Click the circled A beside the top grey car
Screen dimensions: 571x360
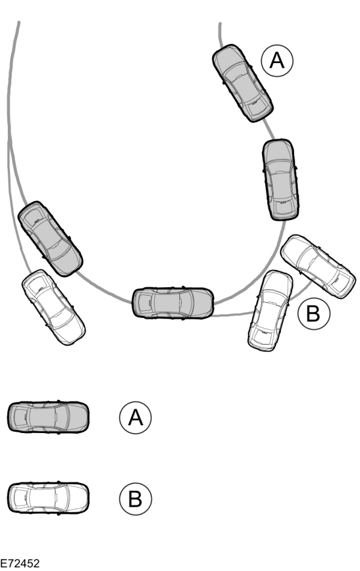coord(276,62)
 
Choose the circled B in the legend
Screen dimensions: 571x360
coord(136,497)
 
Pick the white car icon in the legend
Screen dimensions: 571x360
coord(48,497)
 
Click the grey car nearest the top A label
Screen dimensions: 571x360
coord(242,83)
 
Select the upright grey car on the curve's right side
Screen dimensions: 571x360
coord(280,180)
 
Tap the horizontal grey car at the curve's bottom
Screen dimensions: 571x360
coord(173,302)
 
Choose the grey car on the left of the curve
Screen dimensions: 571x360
coord(50,239)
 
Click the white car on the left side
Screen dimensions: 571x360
coord(53,306)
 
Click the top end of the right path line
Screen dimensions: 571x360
coord(220,25)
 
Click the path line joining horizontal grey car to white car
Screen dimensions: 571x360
coord(231,314)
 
